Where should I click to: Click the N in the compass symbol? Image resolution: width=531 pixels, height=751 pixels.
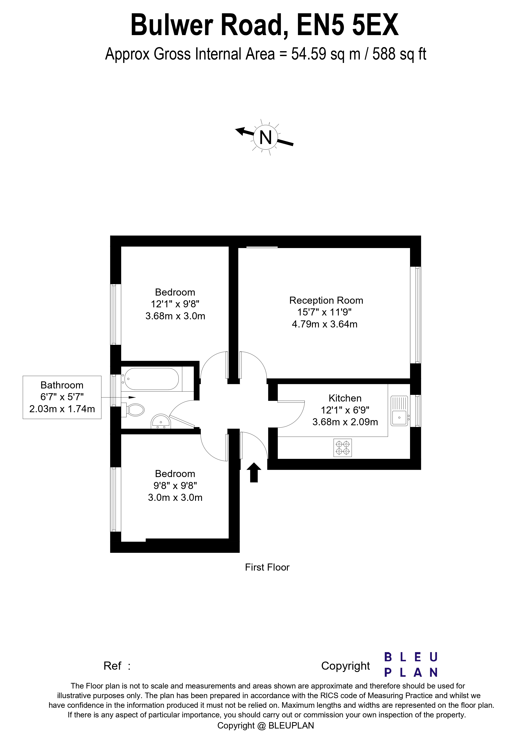pos(265,137)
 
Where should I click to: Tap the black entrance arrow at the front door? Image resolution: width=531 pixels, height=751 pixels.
pos(254,473)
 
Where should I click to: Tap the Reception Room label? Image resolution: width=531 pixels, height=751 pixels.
pos(326,300)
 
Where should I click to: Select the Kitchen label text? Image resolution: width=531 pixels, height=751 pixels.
pos(345,398)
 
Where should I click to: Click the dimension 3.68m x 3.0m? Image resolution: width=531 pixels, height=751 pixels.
pos(175,316)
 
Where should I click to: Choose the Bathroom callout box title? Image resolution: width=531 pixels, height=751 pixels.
pos(62,385)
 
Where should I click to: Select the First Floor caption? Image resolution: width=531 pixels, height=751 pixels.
pos(267,567)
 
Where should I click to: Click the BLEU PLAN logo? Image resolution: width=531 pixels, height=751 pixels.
pos(411,665)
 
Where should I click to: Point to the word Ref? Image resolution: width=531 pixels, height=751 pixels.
pos(112,666)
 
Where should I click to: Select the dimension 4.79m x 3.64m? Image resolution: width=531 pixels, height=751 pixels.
pos(325,324)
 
